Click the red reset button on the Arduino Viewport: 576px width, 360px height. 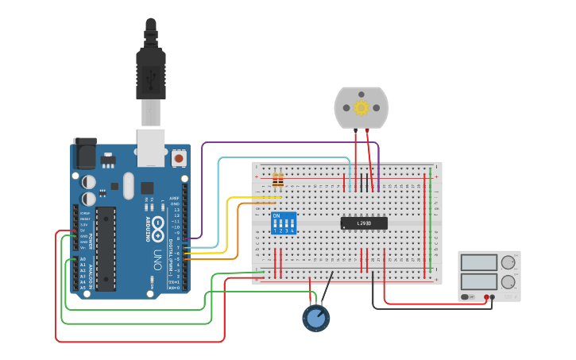click(179, 158)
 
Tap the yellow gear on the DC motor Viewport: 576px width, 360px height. click(361, 107)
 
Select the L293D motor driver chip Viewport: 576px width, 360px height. click(364, 223)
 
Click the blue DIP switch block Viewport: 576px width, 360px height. click(283, 223)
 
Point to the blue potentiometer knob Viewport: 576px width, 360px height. click(316, 319)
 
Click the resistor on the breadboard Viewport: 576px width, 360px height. click(277, 182)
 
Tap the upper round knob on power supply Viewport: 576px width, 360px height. click(508, 262)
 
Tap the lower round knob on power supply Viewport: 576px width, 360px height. click(508, 281)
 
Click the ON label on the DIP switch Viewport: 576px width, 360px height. click(276, 215)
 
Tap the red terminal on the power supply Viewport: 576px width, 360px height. click(485, 297)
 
